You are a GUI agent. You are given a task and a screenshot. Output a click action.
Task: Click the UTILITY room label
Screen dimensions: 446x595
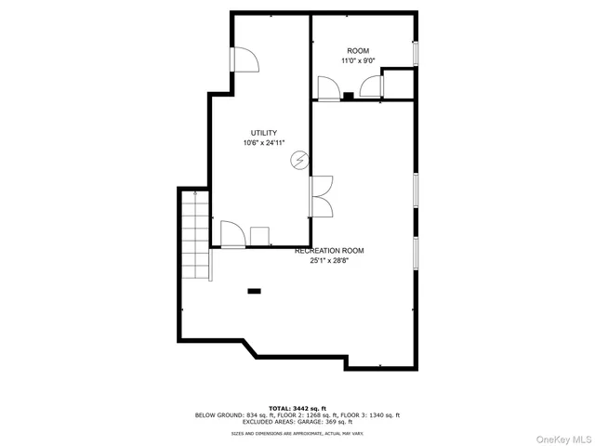[264, 133]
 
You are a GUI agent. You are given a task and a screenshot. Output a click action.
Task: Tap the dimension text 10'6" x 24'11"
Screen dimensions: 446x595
[264, 143]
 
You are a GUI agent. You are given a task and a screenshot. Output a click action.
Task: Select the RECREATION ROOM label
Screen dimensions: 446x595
[329, 251]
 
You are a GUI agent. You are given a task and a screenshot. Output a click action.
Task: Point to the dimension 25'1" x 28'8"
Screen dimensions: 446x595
[329, 261]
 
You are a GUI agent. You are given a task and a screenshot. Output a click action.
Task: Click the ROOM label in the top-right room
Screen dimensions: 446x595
[359, 50]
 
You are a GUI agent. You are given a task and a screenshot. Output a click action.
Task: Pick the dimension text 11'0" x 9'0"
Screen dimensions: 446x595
[359, 60]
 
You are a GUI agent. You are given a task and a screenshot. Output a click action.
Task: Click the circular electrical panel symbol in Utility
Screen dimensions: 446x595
[299, 160]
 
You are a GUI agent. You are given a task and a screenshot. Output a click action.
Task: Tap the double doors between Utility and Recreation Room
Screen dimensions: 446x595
[321, 196]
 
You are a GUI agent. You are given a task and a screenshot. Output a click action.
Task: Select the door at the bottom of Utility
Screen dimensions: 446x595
[232, 233]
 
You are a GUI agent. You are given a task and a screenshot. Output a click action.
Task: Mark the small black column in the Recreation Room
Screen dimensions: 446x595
[254, 292]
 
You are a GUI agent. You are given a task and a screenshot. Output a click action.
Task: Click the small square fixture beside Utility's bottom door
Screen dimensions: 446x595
[259, 235]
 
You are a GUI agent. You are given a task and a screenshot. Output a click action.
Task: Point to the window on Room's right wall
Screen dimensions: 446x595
[416, 53]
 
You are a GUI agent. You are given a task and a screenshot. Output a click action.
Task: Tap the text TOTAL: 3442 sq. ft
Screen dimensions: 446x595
[297, 408]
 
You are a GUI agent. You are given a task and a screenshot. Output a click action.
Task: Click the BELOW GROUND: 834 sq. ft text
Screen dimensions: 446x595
[231, 414]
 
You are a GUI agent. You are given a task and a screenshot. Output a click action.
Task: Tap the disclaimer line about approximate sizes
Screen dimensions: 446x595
[297, 433]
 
